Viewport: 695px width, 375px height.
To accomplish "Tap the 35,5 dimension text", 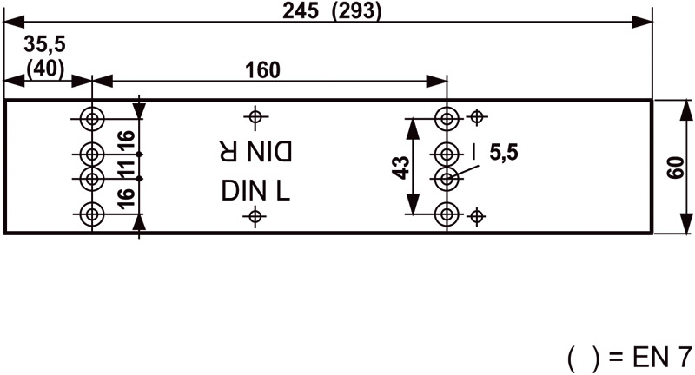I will (44, 45).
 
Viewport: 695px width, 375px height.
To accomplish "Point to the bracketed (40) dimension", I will (44, 68).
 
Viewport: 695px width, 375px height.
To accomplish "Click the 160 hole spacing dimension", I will (262, 71).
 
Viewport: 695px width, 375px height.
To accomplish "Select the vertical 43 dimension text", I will (400, 167).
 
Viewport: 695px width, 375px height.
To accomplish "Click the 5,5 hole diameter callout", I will (503, 154).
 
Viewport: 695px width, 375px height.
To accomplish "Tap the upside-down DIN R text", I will (254, 150).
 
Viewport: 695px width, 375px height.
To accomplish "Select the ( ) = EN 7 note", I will (629, 357).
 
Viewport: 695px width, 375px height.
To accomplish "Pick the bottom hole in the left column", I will (91, 214).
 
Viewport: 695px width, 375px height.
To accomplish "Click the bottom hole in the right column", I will (447, 214).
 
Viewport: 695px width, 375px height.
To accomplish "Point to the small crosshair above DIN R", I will (255, 116).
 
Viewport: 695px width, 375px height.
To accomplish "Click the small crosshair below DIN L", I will (255, 216).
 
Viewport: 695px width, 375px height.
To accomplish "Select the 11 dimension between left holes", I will (126, 168).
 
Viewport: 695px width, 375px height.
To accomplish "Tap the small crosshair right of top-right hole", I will (475, 116).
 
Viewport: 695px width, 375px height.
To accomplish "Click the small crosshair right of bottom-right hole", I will (475, 215).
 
